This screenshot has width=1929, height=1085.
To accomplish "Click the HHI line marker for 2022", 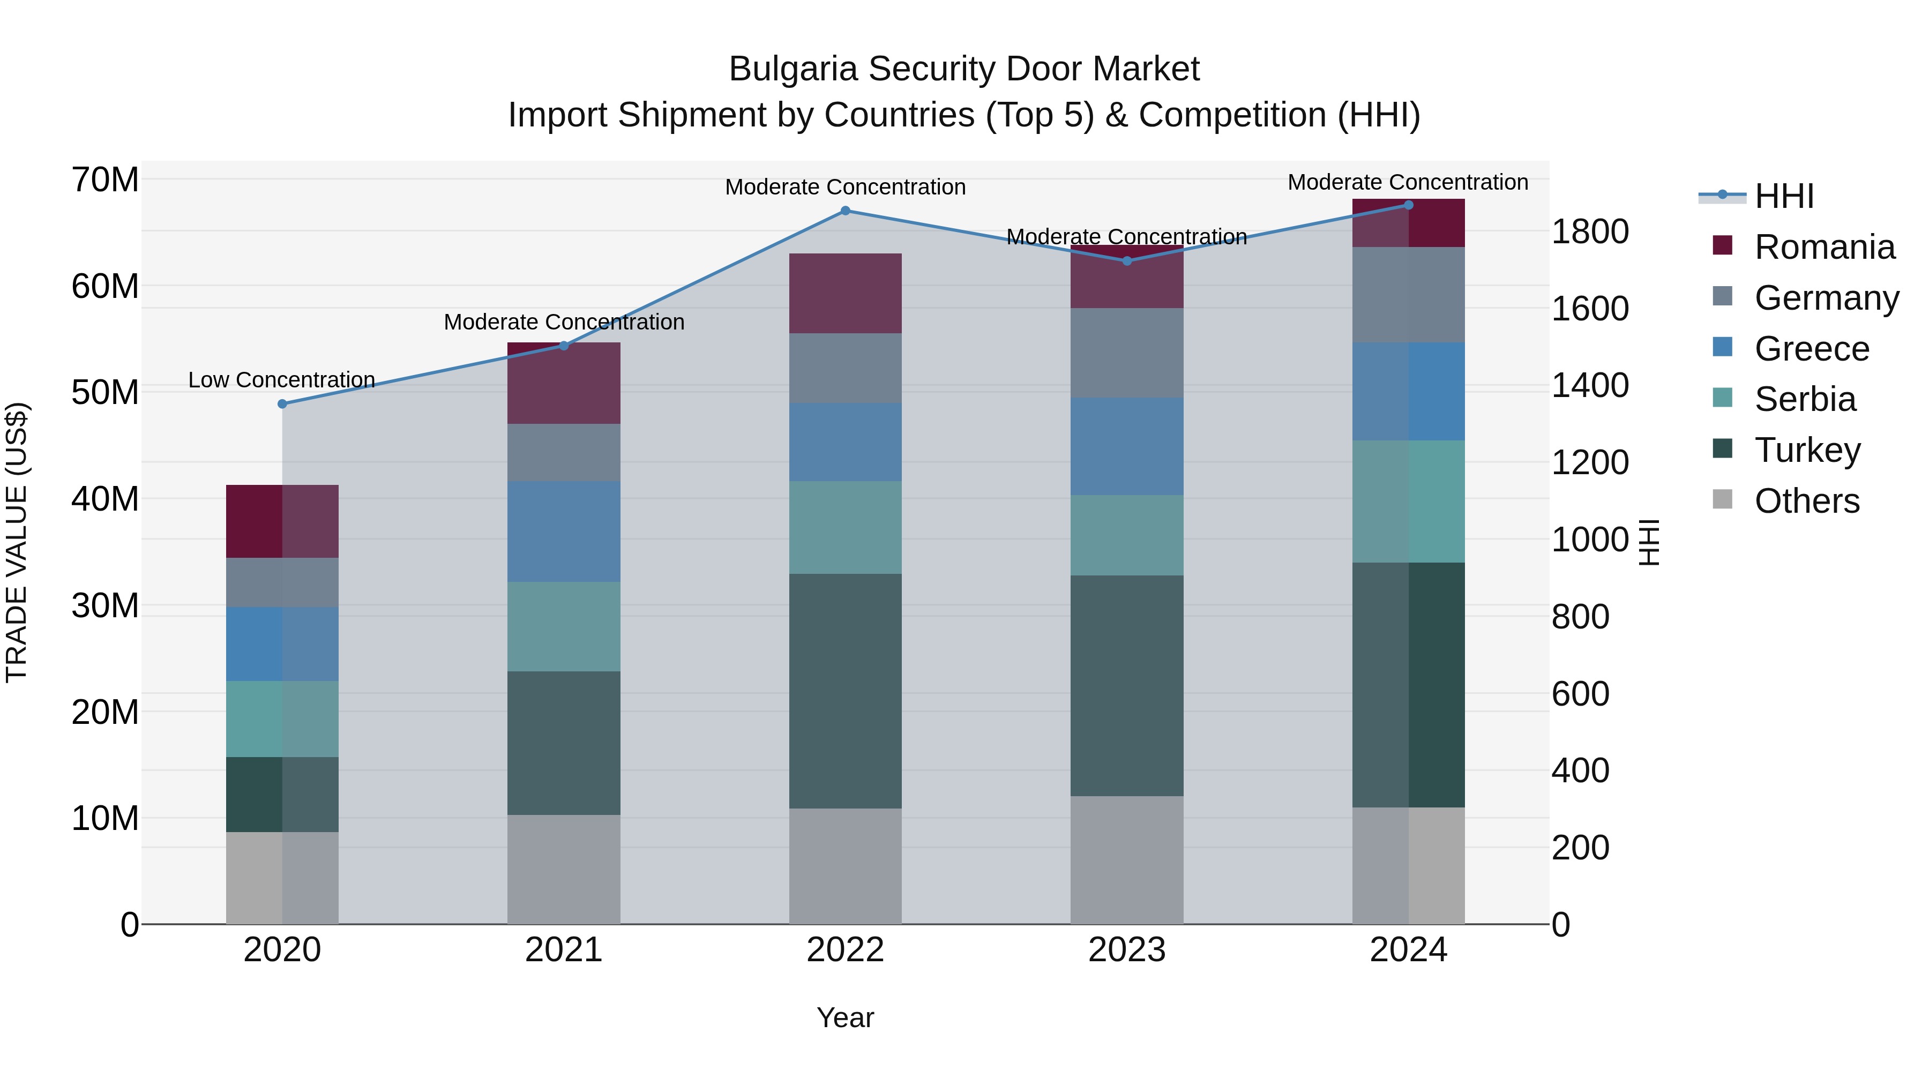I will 846,211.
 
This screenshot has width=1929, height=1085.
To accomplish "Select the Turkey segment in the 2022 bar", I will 846,691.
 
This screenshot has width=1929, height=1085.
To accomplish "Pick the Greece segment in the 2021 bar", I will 564,531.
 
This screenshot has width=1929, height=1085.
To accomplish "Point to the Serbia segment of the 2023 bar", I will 1127,535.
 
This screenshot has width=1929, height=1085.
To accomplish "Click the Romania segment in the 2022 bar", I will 846,294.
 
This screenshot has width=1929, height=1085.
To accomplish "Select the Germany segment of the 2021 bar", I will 564,452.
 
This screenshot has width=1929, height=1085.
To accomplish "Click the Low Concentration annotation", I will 281,380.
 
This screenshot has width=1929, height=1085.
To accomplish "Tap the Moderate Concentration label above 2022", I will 846,187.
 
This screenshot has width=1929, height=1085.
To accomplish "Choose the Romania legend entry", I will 1824,247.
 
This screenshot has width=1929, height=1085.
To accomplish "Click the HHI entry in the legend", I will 1784,196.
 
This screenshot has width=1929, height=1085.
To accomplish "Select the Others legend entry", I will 1806,501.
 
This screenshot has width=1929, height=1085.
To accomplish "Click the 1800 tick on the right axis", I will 1590,231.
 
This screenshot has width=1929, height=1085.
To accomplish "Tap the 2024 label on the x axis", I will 1408,950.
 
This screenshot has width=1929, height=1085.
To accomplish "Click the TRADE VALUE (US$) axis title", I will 17,542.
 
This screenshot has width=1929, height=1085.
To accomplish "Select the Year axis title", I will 846,1017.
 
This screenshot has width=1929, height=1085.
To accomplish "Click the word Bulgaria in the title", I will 792,70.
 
